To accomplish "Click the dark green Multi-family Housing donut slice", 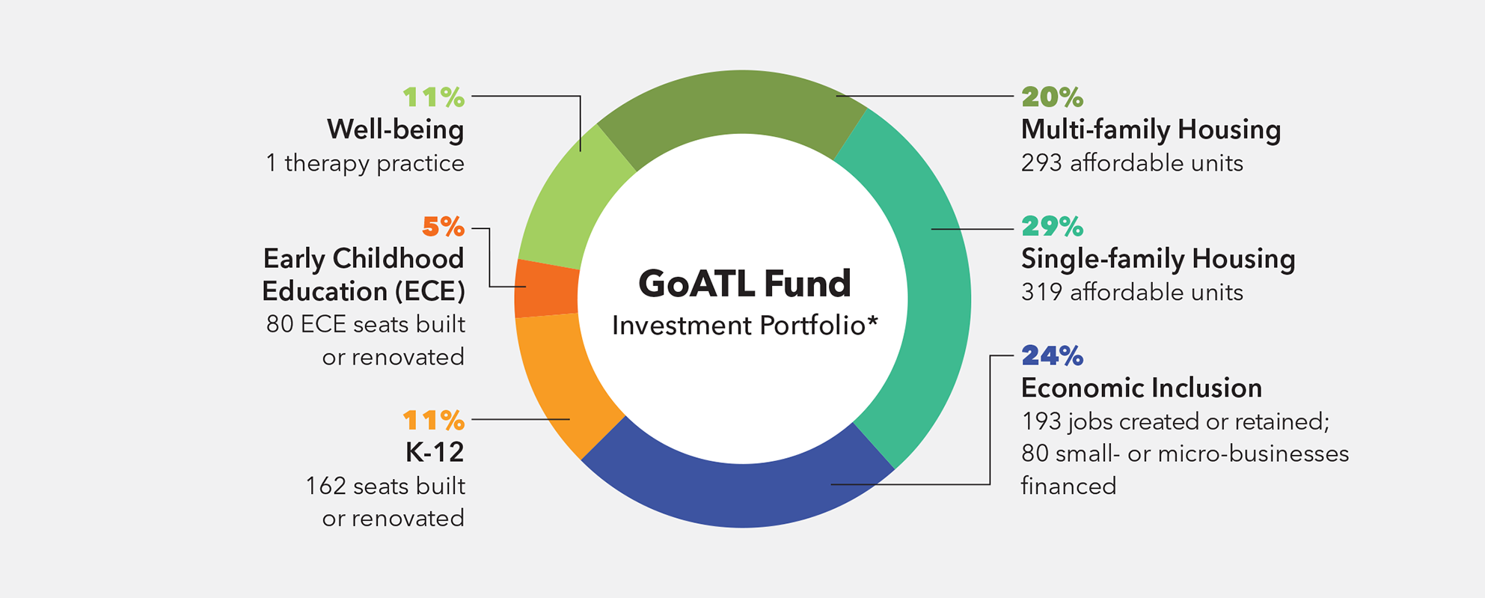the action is (x=733, y=105).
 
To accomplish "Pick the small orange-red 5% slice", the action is (x=546, y=289).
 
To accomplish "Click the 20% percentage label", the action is (x=1052, y=97).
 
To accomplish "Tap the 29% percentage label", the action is (x=1052, y=226).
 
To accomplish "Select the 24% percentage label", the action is (x=1052, y=356).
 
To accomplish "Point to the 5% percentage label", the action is (x=444, y=226).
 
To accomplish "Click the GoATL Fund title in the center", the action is (x=744, y=284).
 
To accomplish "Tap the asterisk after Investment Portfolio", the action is (x=872, y=320).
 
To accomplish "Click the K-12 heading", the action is (x=435, y=452).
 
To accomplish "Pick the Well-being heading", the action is (x=396, y=129).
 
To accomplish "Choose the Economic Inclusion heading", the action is (x=1142, y=388).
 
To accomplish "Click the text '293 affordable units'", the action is (x=1132, y=163).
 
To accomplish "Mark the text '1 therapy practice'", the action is (x=365, y=163).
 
